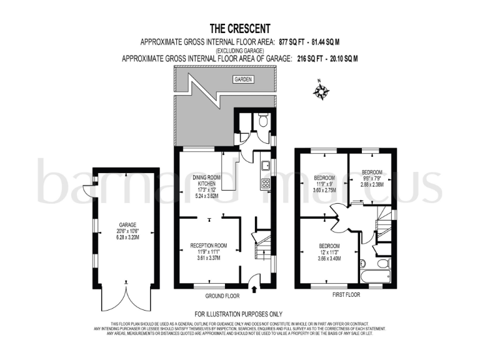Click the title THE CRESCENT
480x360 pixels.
[x=239, y=28]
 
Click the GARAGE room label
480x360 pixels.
[x=127, y=225]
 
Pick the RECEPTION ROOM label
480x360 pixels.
[x=208, y=245]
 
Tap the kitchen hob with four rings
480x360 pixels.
[x=264, y=183]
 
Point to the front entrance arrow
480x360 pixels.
[x=252, y=288]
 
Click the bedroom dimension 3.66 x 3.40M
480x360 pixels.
[x=329, y=258]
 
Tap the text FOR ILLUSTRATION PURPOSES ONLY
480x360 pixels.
[x=239, y=314]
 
